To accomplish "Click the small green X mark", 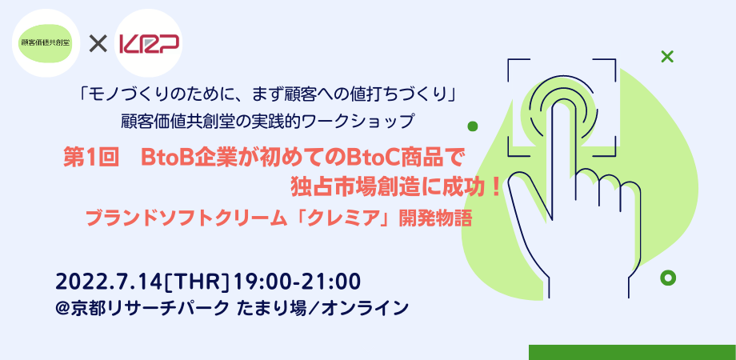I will (666, 57).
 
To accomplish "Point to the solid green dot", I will (473, 126).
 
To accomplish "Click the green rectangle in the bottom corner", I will (632, 352).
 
